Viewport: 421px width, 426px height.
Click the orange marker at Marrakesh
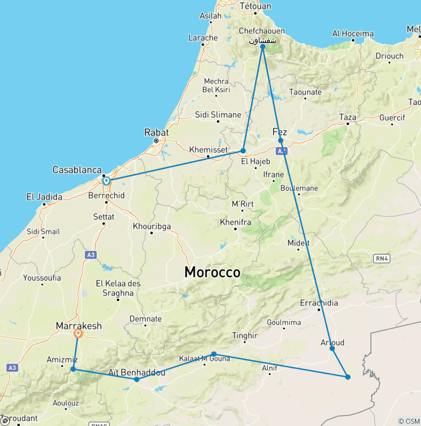click(78, 333)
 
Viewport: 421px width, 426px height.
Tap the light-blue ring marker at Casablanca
click(106, 180)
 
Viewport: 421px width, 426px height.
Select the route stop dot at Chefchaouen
click(263, 47)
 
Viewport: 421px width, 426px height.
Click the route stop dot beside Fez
click(281, 141)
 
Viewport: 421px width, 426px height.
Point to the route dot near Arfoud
click(332, 348)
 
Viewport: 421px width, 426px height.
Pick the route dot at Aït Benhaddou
click(136, 379)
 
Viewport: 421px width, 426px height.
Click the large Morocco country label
click(212, 272)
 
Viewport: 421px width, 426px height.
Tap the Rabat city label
click(156, 132)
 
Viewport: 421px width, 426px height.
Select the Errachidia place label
click(319, 303)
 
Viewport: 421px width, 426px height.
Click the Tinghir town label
click(244, 335)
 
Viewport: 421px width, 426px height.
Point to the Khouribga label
click(152, 226)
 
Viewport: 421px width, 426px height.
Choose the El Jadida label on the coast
click(44, 197)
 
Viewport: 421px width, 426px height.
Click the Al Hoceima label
click(353, 33)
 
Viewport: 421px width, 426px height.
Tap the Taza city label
click(348, 117)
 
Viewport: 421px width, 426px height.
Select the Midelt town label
click(299, 243)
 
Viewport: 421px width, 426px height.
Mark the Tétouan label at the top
click(255, 7)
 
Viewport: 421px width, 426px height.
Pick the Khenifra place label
click(235, 222)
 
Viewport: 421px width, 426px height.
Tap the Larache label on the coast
click(203, 37)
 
